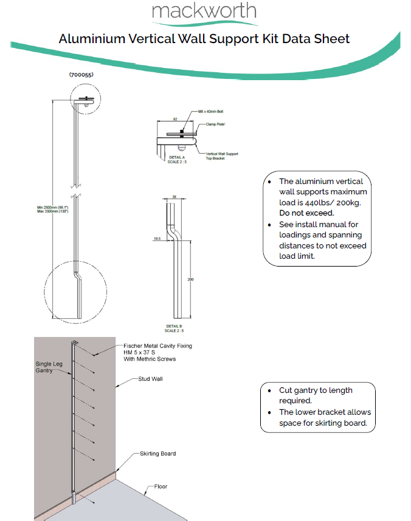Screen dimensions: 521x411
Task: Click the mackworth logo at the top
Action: pyautogui.click(x=204, y=12)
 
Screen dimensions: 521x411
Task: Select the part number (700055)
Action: pyautogui.click(x=81, y=75)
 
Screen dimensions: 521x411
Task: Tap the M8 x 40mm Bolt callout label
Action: pyautogui.click(x=211, y=112)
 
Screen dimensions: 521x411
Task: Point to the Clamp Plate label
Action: pyautogui.click(x=209, y=124)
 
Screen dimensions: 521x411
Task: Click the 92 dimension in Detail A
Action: pyautogui.click(x=175, y=120)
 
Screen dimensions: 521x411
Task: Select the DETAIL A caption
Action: pyautogui.click(x=176, y=159)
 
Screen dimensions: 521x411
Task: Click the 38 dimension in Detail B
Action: pyautogui.click(x=174, y=197)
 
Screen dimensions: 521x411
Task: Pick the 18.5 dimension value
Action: pyautogui.click(x=156, y=239)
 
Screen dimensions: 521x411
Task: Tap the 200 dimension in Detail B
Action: pyautogui.click(x=191, y=278)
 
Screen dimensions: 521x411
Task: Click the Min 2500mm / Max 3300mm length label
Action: pyautogui.click(x=52, y=209)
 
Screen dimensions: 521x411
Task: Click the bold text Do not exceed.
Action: pyautogui.click(x=306, y=213)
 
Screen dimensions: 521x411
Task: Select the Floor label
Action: pyautogui.click(x=160, y=486)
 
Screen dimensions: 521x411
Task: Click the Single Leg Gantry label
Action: pyautogui.click(x=48, y=366)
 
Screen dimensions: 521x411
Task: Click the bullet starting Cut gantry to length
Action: pyautogui.click(x=316, y=395)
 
